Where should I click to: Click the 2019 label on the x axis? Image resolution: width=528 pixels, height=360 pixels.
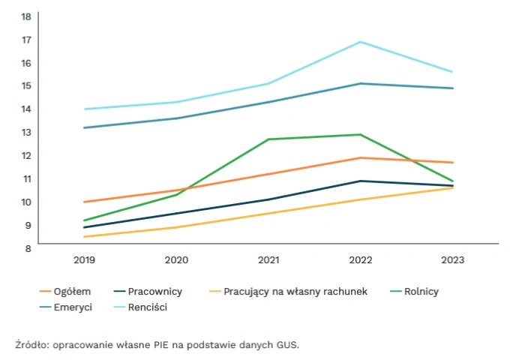point(85,260)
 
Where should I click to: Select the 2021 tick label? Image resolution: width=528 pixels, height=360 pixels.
point(269,260)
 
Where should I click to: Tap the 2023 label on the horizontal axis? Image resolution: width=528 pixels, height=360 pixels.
point(453,260)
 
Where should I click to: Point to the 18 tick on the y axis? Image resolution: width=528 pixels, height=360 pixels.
point(26,16)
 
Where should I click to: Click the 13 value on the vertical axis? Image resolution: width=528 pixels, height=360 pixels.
point(26,132)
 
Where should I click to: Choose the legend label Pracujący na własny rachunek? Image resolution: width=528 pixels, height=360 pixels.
point(295,291)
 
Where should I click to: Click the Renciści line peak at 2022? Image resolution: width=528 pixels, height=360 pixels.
point(361,42)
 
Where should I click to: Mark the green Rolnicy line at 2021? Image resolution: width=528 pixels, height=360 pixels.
point(269,139)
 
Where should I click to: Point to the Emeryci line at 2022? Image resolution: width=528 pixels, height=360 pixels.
point(361,83)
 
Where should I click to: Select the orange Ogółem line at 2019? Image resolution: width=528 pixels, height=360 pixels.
point(85,202)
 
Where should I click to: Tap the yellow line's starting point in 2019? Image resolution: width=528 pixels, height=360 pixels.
point(85,237)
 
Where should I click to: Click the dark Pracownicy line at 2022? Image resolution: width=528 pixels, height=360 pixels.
point(361,181)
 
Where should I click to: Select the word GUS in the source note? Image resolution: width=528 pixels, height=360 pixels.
point(287,345)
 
